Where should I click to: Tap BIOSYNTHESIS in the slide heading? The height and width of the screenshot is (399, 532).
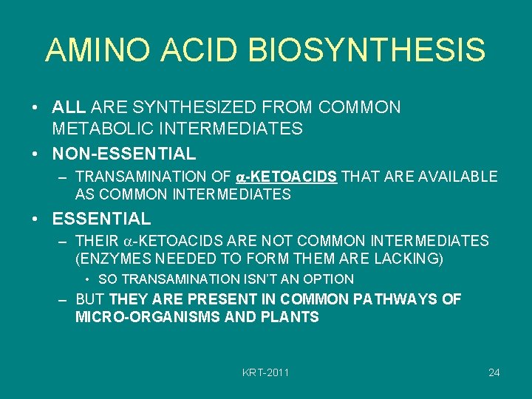coord(367,50)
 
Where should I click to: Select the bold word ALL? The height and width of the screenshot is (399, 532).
coord(69,108)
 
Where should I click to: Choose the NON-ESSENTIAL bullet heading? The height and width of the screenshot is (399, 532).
coord(124,154)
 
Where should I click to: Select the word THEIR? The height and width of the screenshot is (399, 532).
coord(97,241)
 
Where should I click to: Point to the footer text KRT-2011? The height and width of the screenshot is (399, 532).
coord(266,372)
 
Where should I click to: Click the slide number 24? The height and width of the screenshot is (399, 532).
coord(494,372)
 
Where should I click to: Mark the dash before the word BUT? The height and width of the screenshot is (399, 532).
coord(64,299)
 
